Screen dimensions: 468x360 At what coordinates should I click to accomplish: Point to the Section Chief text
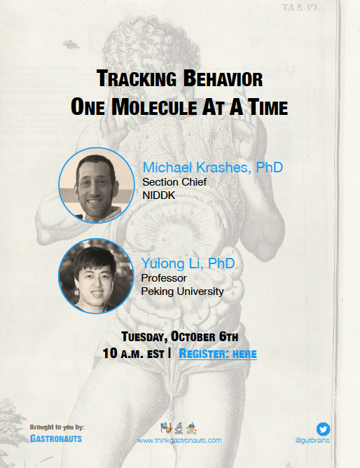coord(174,182)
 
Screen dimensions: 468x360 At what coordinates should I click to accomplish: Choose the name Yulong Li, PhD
coord(188,264)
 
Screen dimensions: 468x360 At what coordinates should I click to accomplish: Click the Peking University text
coord(182,291)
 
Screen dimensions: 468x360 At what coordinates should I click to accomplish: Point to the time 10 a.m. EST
coord(133,354)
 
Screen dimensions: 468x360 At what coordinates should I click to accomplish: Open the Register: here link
coord(218,354)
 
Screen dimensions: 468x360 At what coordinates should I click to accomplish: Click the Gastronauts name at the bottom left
coord(55,437)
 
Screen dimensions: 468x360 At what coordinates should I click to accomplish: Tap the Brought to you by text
coord(57,427)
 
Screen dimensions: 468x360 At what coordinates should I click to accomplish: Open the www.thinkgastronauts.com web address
coord(179,440)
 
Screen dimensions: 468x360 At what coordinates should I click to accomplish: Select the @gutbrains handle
coord(312,441)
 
